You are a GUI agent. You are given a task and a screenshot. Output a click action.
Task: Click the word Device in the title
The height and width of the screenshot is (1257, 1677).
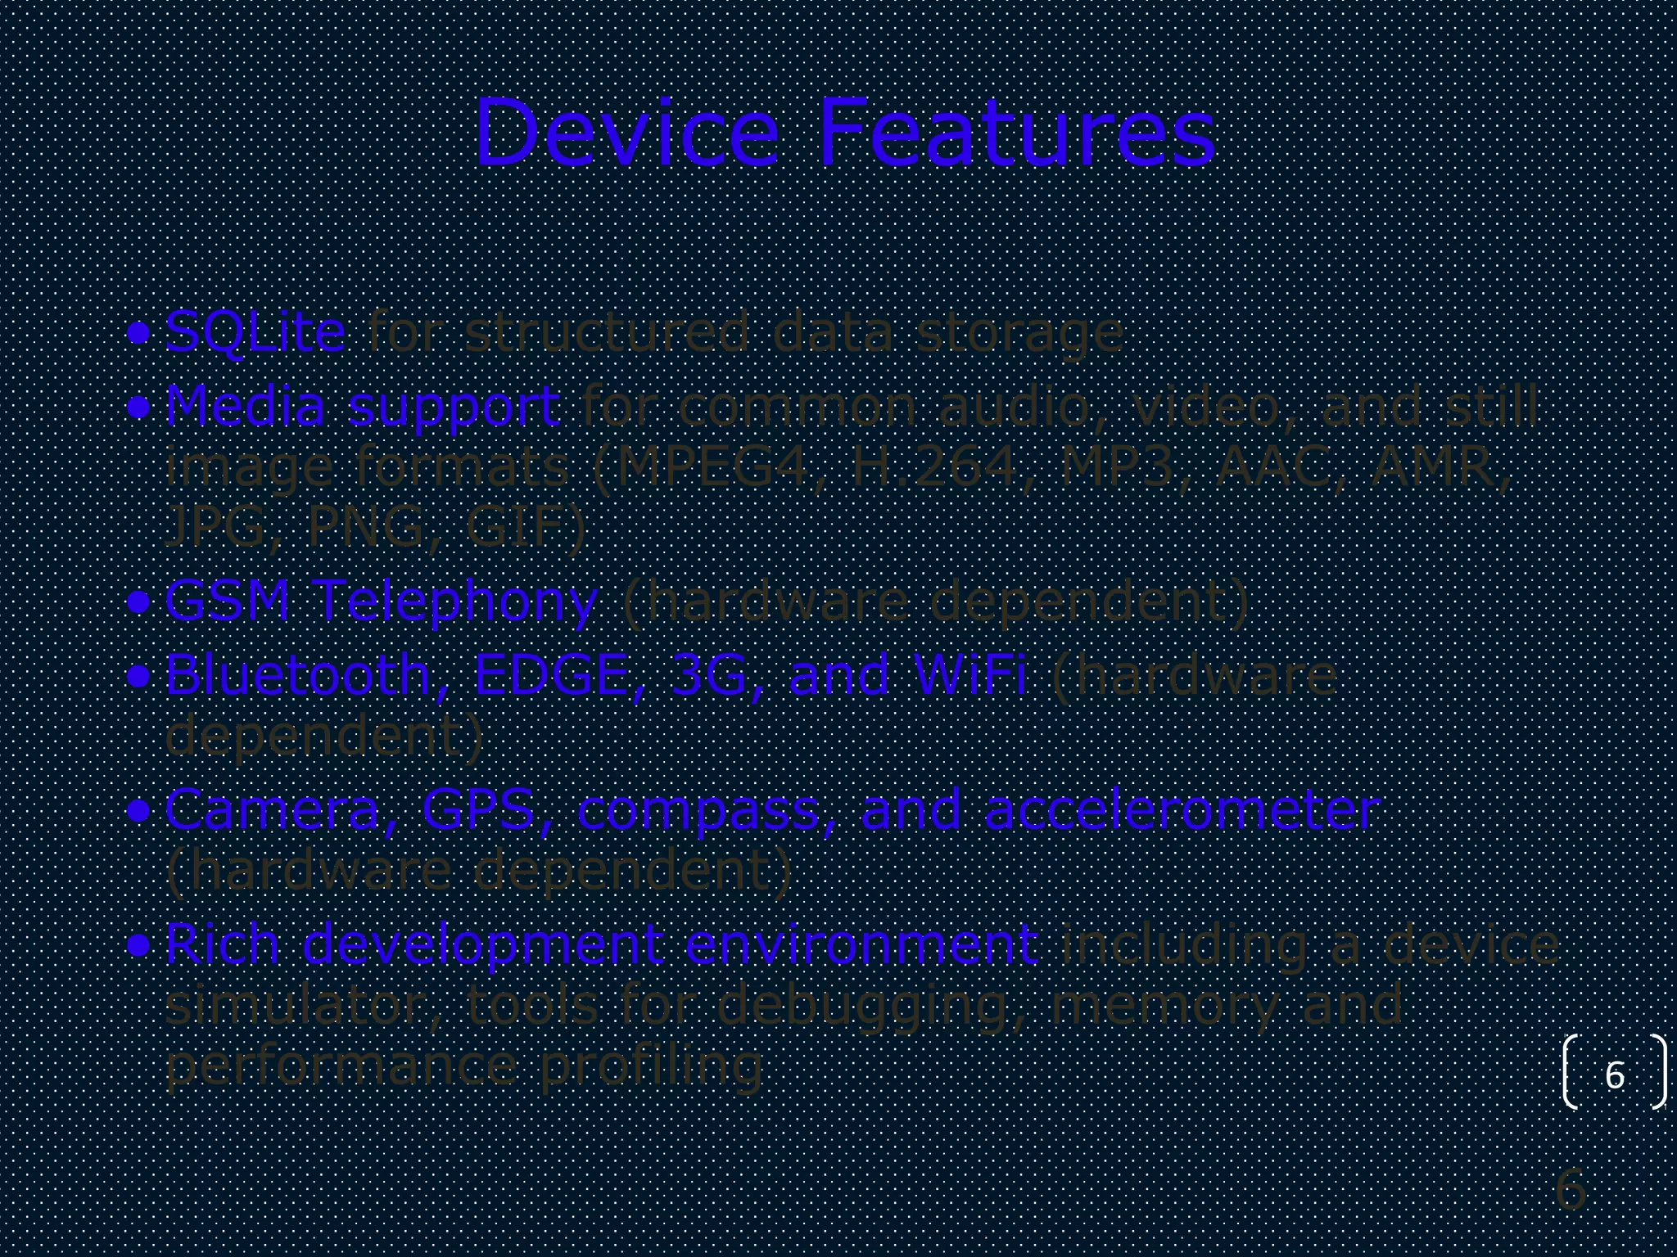click(626, 133)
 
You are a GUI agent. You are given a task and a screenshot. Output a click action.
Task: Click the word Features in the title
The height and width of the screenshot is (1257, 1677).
click(1016, 133)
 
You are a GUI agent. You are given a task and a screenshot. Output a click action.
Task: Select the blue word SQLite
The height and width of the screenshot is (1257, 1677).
click(255, 333)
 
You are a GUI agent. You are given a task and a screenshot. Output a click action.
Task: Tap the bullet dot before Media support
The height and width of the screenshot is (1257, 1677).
click(139, 407)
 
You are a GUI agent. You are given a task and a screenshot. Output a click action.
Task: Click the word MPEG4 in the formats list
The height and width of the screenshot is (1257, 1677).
click(710, 466)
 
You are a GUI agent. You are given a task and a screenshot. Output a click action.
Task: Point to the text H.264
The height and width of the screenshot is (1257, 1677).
click(933, 466)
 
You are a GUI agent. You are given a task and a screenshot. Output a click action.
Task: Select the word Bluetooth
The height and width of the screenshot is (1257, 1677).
click(298, 675)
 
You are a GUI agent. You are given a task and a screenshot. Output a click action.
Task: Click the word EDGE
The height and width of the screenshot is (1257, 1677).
click(550, 675)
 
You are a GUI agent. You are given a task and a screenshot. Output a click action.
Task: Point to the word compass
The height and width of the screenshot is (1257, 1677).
click(698, 812)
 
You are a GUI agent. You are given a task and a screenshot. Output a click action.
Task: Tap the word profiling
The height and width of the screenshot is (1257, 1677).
click(651, 1066)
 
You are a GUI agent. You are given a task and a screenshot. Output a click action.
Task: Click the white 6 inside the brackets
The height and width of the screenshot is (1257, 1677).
click(1614, 1075)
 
